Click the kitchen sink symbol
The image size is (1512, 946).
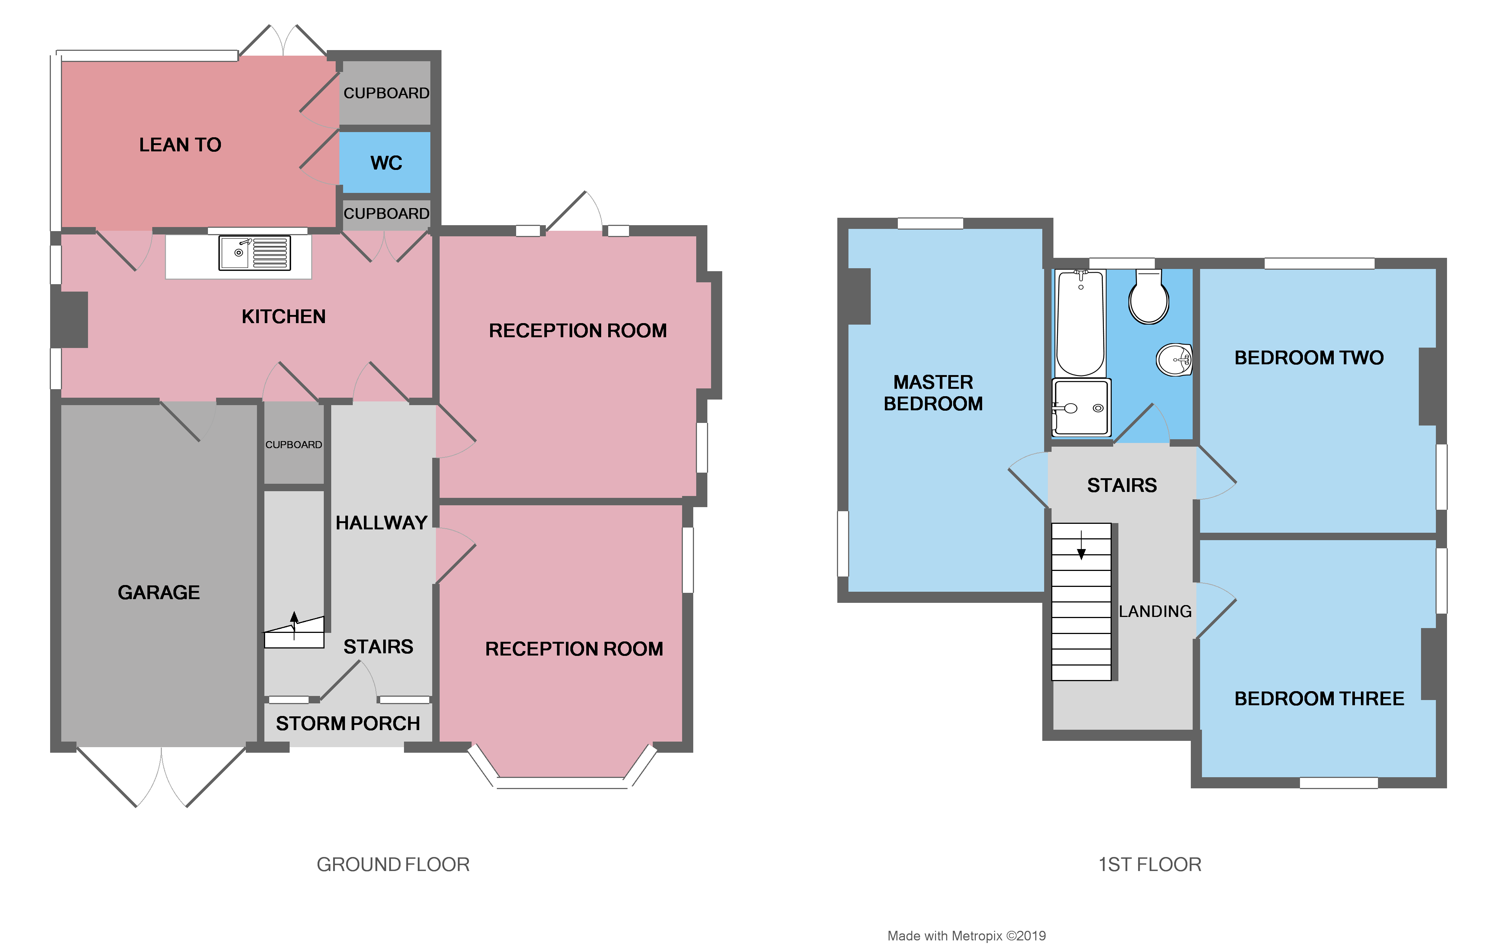click(254, 253)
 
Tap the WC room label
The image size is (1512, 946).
click(386, 162)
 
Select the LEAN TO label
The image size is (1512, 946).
click(180, 145)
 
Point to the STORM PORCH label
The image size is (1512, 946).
click(348, 723)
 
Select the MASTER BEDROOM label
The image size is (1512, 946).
click(933, 393)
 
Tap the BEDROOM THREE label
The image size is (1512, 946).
click(1319, 698)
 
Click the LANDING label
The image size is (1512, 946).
click(1155, 611)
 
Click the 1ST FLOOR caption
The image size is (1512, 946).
click(1150, 865)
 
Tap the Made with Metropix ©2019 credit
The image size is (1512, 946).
click(966, 936)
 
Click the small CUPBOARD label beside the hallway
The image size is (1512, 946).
click(294, 445)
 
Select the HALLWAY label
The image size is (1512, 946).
click(381, 522)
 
